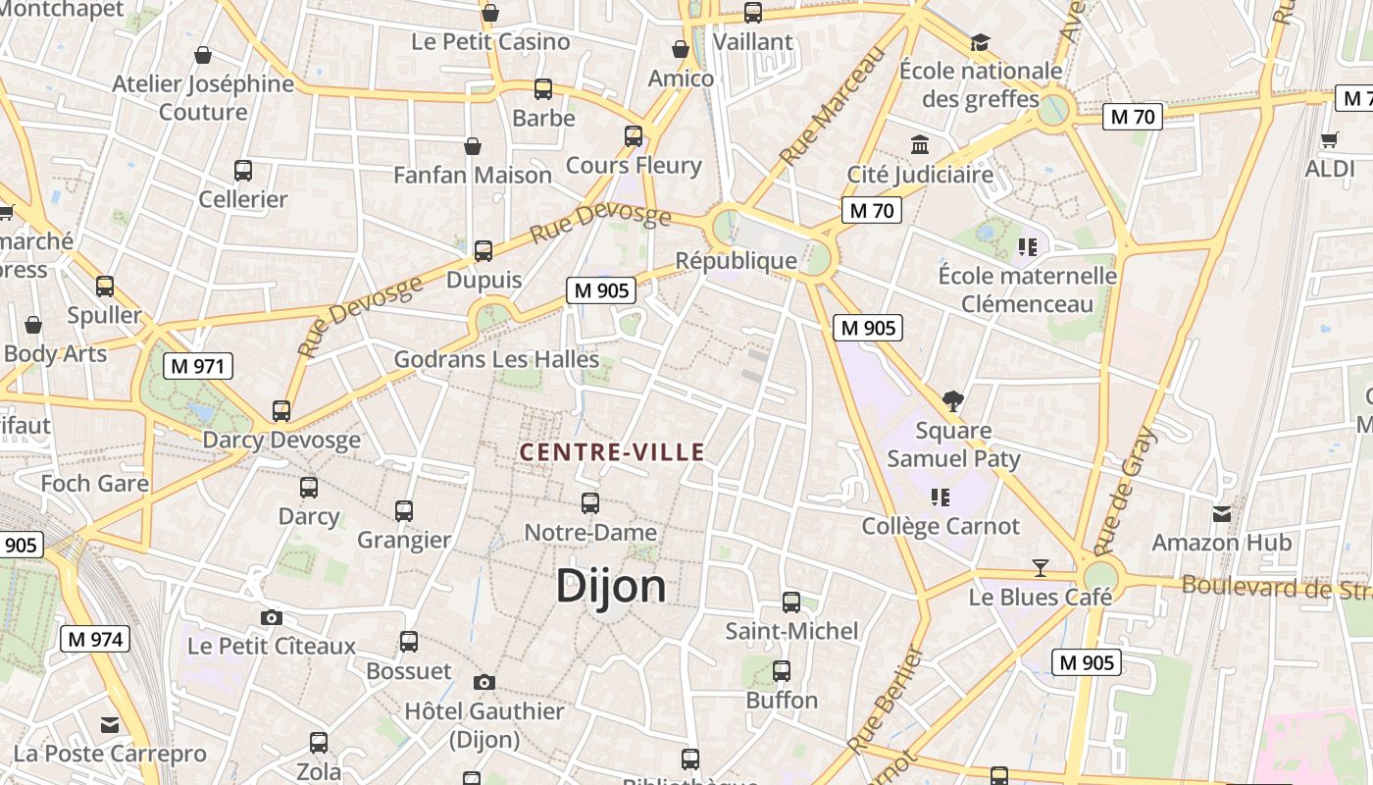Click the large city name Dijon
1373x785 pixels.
(611, 586)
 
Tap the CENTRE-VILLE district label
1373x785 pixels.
(612, 452)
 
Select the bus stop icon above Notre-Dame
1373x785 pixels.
(590, 503)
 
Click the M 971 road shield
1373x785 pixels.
(197, 367)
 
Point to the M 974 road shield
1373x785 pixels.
(95, 640)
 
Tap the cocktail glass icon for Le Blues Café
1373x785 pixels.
(1041, 568)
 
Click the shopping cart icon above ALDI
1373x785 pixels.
(1330, 140)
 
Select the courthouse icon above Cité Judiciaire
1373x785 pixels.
(920, 145)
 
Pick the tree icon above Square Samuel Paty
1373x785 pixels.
(952, 400)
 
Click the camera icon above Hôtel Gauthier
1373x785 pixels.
(483, 682)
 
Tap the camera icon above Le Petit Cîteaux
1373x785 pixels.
(272, 617)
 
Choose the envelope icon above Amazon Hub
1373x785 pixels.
(1222, 513)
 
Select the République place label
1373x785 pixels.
(737, 261)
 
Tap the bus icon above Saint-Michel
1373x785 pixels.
(791, 602)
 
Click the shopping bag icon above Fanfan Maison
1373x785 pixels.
(473, 146)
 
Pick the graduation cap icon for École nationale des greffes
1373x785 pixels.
(980, 42)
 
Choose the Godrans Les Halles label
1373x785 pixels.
(496, 359)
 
